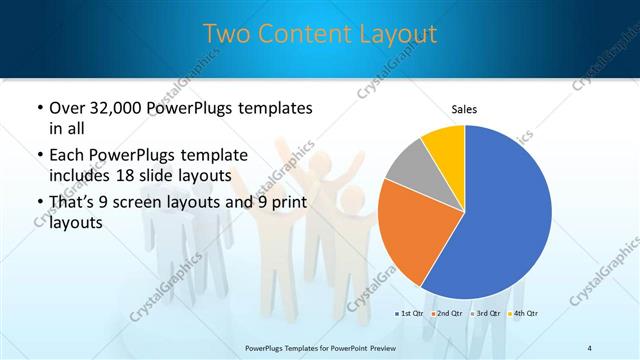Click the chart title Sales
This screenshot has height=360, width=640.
[x=464, y=108]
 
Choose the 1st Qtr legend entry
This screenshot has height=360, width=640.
[x=411, y=313]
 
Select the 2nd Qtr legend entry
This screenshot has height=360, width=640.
[x=448, y=313]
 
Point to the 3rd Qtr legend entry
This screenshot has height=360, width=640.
[x=485, y=313]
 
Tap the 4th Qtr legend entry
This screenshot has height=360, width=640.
[x=522, y=313]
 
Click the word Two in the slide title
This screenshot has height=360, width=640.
[x=225, y=34]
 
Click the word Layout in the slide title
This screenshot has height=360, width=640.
[x=394, y=34]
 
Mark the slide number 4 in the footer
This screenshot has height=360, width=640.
[x=590, y=347]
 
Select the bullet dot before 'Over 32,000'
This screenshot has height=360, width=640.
[x=38, y=108]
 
